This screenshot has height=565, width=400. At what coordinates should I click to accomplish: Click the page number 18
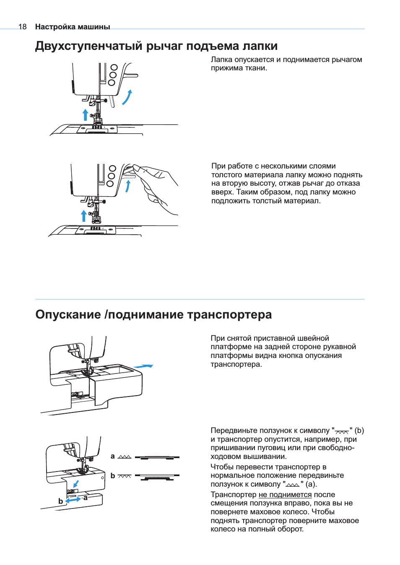(x=22, y=27)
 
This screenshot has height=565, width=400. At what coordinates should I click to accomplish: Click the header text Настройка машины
(x=73, y=27)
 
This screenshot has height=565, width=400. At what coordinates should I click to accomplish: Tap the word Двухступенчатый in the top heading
(x=88, y=46)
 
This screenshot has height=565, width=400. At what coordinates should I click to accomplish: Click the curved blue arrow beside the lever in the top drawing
(x=127, y=97)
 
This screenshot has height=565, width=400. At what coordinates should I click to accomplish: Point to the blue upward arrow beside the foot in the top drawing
(x=86, y=114)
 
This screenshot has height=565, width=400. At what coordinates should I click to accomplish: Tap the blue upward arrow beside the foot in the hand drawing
(x=84, y=215)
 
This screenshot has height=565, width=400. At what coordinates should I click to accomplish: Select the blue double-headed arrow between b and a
(x=73, y=500)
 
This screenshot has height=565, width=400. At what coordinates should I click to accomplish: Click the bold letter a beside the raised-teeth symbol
(x=112, y=456)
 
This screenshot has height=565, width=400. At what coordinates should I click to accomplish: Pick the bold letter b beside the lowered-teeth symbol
(x=112, y=476)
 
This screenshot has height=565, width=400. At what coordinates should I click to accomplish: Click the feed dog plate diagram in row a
(x=157, y=457)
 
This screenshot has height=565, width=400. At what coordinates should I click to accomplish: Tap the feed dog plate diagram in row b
(x=157, y=477)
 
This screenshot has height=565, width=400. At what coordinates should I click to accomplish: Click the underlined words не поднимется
(x=285, y=495)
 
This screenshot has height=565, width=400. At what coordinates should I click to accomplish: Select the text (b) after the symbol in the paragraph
(x=359, y=430)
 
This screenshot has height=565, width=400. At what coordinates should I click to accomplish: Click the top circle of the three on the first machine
(x=114, y=67)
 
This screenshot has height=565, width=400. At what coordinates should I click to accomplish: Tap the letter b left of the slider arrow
(x=61, y=501)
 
